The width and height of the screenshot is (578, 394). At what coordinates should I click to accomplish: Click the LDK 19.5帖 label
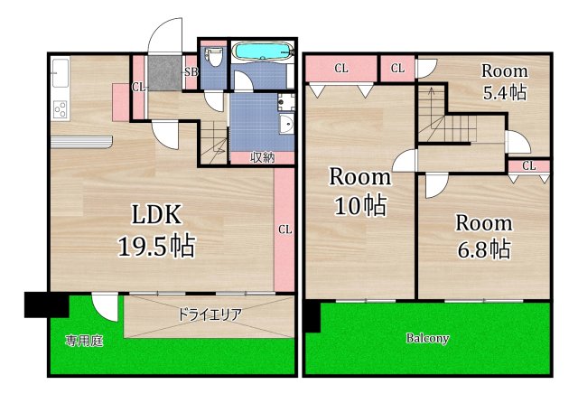tap(158, 230)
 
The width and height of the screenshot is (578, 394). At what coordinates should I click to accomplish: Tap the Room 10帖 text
tap(359, 191)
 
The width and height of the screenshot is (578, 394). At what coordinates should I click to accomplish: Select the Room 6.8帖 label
tap(482, 235)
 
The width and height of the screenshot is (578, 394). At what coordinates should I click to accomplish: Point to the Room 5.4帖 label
tap(504, 81)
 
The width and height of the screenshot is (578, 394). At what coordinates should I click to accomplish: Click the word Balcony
tap(427, 339)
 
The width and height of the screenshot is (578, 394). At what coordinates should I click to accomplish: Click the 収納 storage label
tap(262, 157)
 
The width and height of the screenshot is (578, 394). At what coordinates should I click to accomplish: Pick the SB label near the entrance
tap(191, 72)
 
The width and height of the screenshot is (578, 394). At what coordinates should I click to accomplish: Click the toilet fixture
tap(213, 60)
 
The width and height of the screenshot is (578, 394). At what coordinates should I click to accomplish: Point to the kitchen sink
tap(60, 70)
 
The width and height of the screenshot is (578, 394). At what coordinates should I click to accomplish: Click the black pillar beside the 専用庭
tap(40, 305)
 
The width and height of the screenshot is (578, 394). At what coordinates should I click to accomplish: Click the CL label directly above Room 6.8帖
tap(528, 165)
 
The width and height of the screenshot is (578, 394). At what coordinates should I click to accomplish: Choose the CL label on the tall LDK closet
tap(284, 229)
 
